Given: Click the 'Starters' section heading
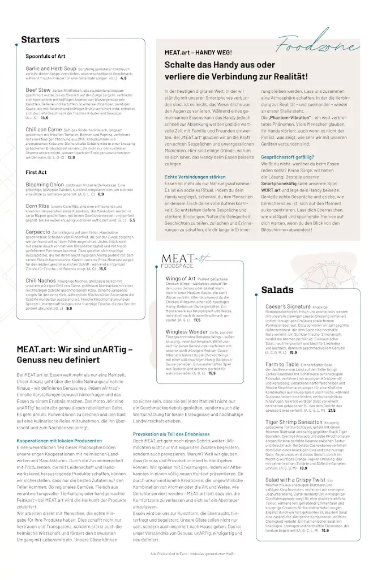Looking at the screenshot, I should point(40,40).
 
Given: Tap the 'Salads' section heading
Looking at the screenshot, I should point(277,290).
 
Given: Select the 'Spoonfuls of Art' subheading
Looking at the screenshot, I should point(45,57).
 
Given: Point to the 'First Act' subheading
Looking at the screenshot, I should point(36,172).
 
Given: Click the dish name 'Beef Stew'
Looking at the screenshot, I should point(37,89).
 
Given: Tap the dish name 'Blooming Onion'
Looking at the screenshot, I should point(45,185).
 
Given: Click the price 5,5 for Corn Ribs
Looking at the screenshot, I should point(132,220).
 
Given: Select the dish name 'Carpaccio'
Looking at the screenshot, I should point(38,232).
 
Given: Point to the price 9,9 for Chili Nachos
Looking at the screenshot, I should point(68,309).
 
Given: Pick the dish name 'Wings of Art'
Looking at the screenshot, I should point(180,279).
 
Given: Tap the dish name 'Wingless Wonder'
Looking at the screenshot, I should point(186,332).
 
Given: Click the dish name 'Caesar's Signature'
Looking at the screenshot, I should point(288,306).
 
